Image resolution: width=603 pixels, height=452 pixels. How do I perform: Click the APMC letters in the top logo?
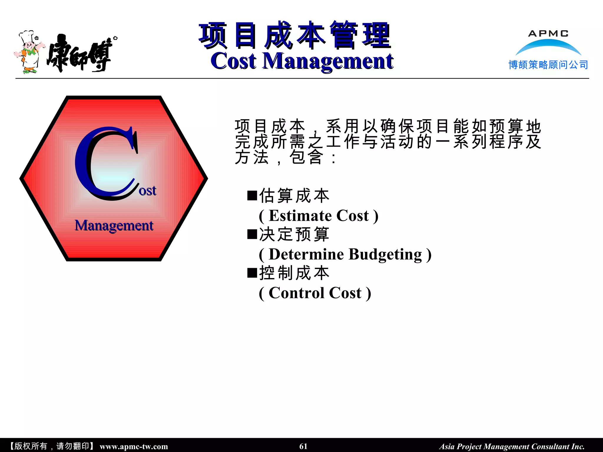(548, 34)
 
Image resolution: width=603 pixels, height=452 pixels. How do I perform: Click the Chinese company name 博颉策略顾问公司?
(548, 65)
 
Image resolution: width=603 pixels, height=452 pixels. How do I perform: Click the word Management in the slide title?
(328, 61)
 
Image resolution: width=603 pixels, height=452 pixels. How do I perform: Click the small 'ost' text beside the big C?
(148, 191)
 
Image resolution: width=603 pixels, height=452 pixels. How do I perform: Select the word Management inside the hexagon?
(114, 226)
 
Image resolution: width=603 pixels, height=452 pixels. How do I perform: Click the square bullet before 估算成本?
(252, 195)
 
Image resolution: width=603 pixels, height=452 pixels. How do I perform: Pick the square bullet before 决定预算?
(252, 234)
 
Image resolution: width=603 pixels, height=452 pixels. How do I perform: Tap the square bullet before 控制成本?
(252, 273)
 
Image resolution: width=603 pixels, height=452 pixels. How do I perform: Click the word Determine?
(306, 255)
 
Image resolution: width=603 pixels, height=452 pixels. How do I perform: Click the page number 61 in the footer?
(303, 446)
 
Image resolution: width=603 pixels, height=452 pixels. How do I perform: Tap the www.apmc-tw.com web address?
(134, 446)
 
